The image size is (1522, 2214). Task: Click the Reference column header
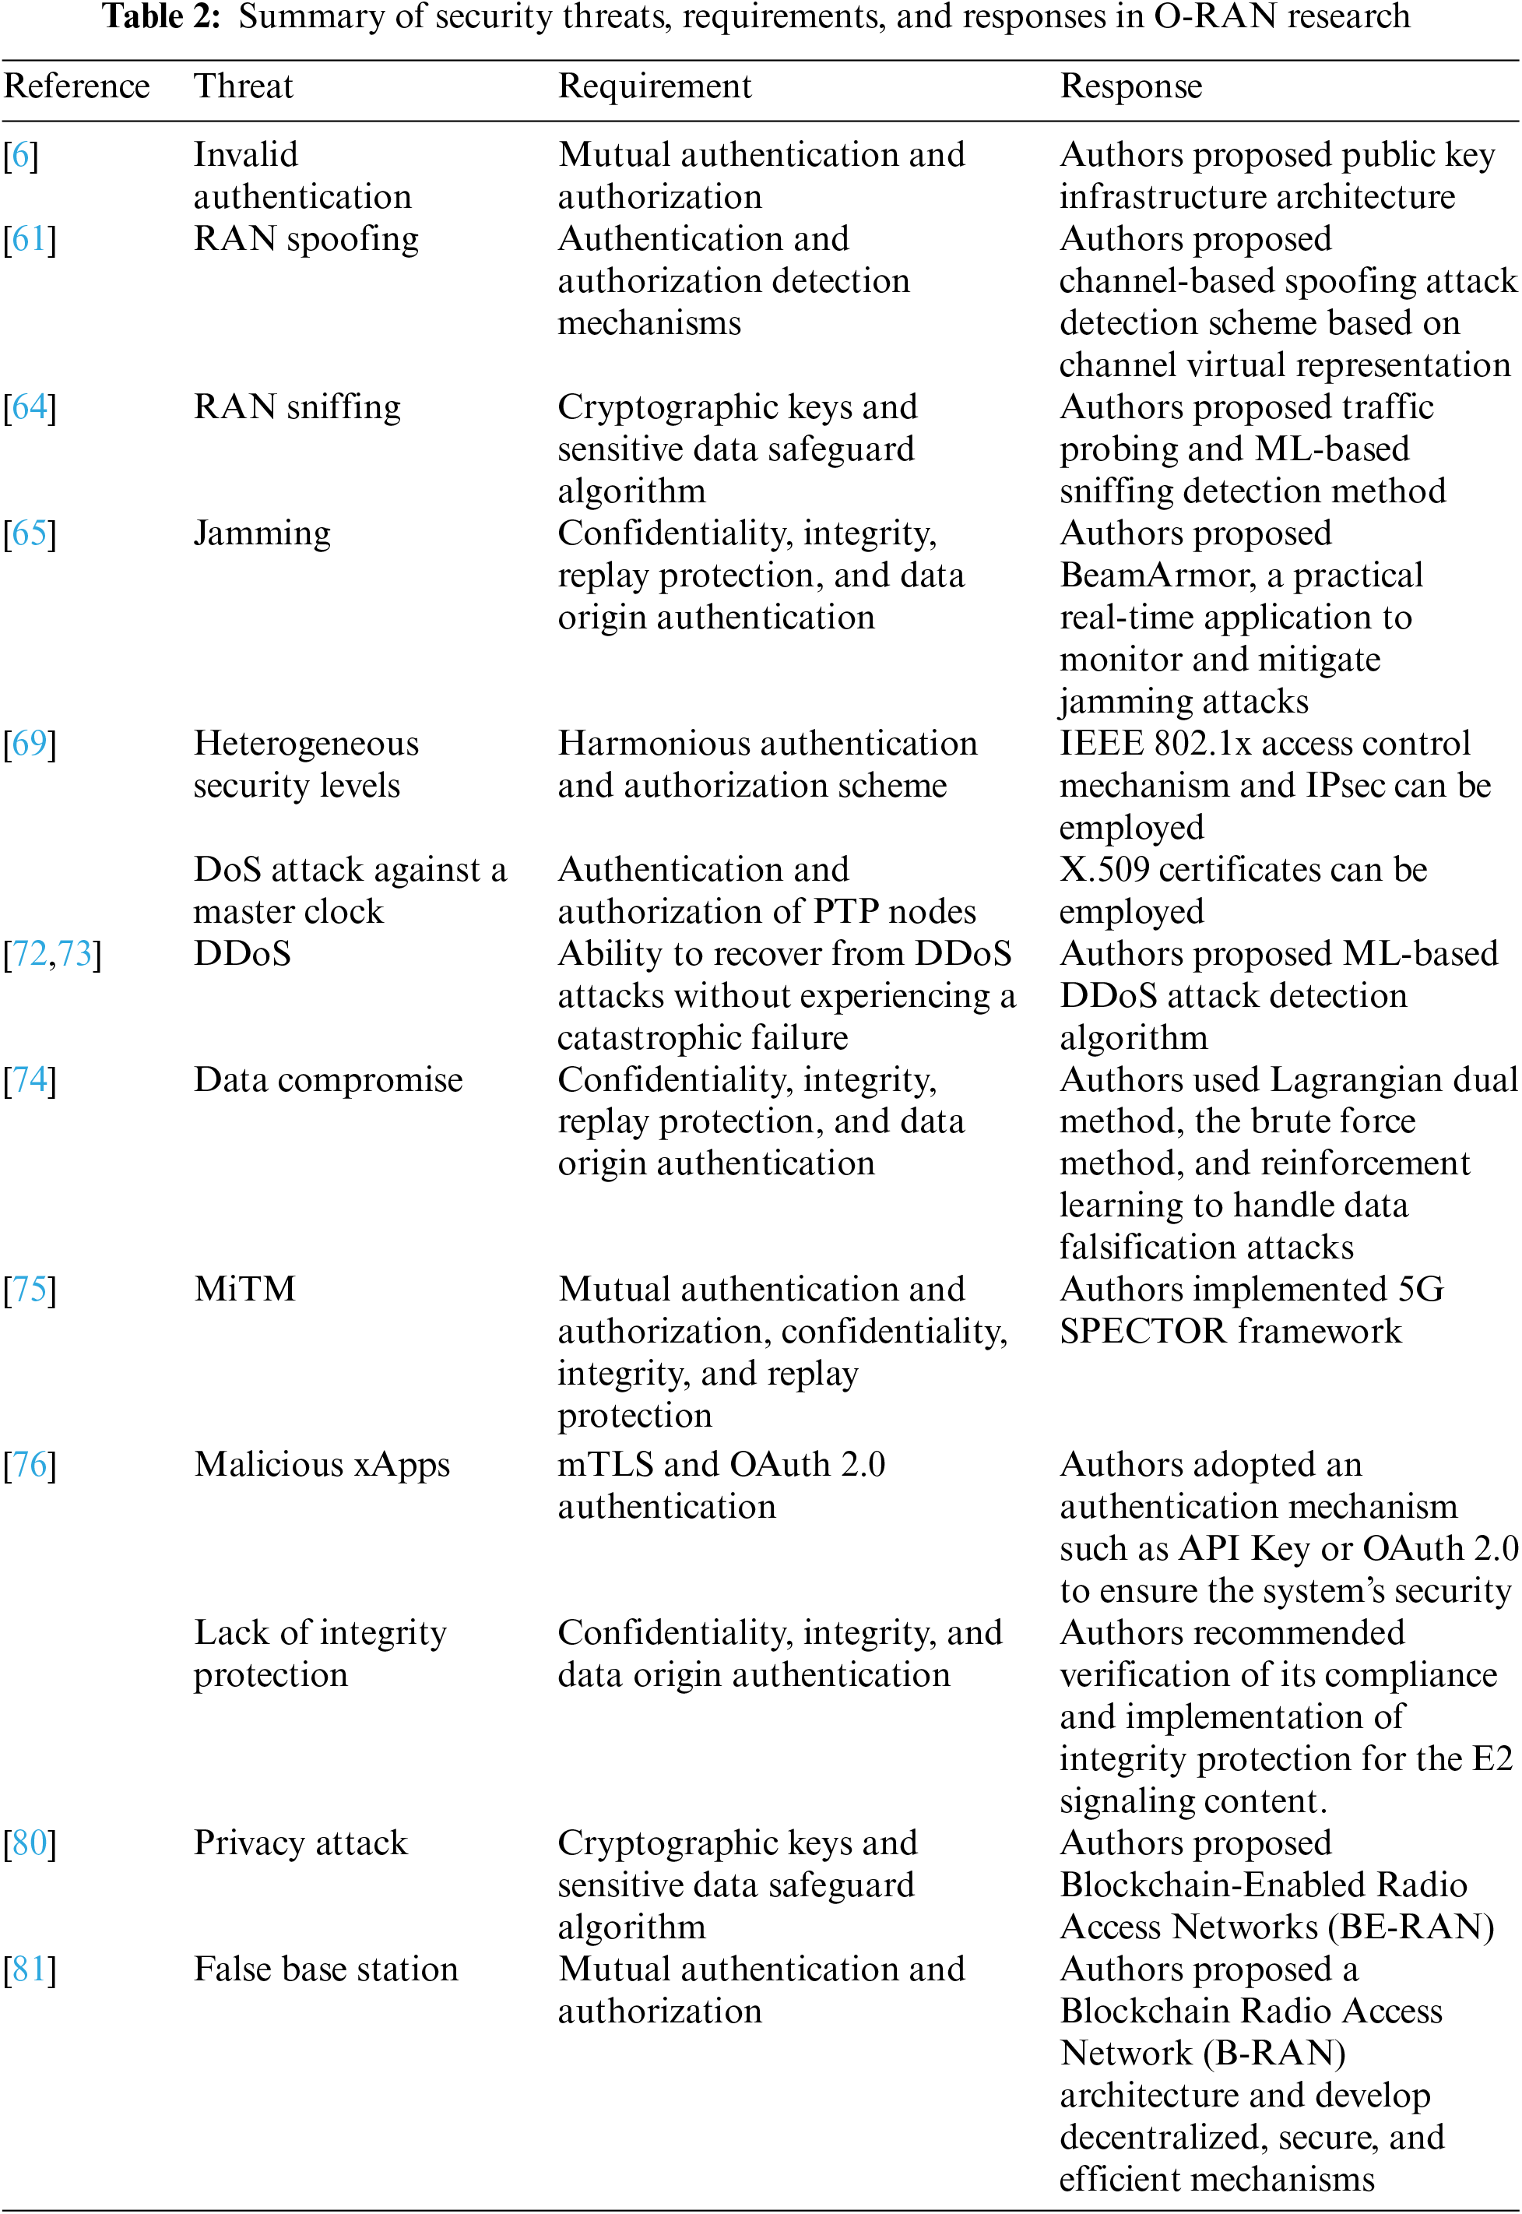tap(76, 86)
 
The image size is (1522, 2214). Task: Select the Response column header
tap(1130, 86)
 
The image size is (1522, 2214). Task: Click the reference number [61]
tap(30, 238)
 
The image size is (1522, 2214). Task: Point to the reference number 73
tap(76, 953)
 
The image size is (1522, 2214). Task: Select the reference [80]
tap(30, 1842)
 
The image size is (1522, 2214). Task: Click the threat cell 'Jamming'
tap(262, 532)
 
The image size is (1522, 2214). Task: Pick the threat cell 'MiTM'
tap(245, 1289)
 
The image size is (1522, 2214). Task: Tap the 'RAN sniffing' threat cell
tap(297, 407)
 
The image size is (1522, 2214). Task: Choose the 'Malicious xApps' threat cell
tap(322, 1464)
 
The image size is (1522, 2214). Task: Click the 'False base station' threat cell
tap(325, 1969)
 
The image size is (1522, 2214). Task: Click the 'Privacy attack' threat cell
tap(301, 1842)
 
